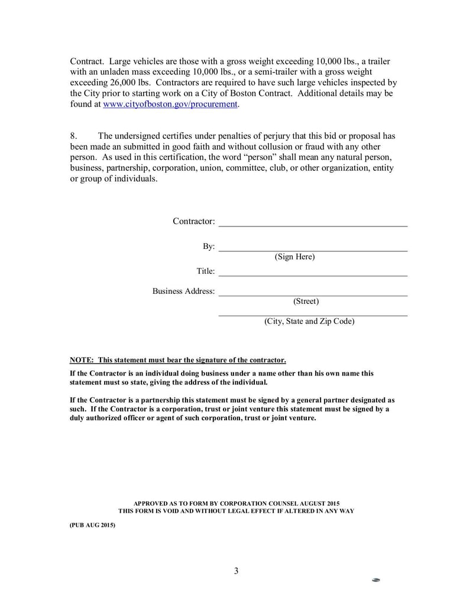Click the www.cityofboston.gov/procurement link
click(x=170, y=104)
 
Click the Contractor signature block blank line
click(x=313, y=225)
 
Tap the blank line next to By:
click(x=313, y=250)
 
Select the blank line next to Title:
click(x=313, y=275)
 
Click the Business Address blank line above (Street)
click(x=313, y=294)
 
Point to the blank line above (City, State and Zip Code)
click(x=313, y=316)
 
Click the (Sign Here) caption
click(x=294, y=257)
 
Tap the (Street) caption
click(x=306, y=302)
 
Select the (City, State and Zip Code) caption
click(x=309, y=322)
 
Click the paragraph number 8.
click(x=73, y=136)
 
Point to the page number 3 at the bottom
click(x=236, y=571)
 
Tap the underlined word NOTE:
click(x=82, y=360)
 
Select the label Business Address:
click(x=183, y=292)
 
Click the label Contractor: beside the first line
click(x=193, y=221)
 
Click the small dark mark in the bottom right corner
click(x=375, y=580)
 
